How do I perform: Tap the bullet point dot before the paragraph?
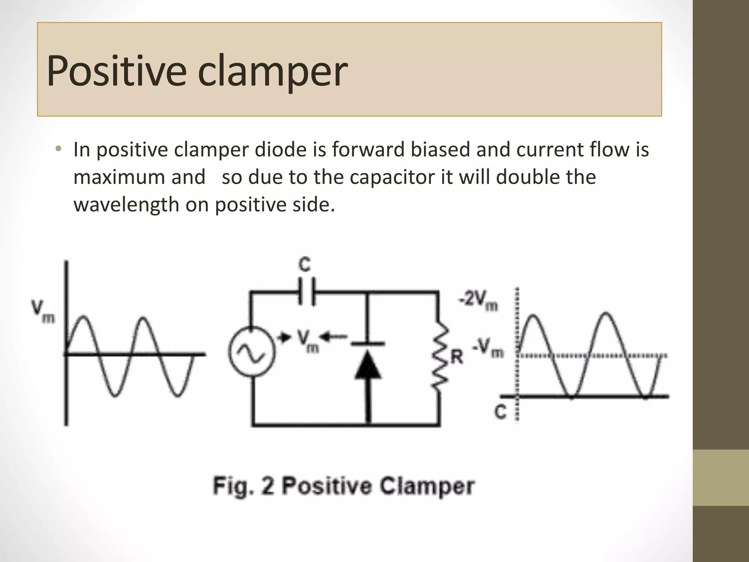59,149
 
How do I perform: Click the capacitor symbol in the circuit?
306,292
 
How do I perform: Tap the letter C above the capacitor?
305,264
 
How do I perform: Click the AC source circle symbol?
252,351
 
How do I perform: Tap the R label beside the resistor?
457,357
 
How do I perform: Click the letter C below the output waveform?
500,412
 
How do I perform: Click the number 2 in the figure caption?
267,486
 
